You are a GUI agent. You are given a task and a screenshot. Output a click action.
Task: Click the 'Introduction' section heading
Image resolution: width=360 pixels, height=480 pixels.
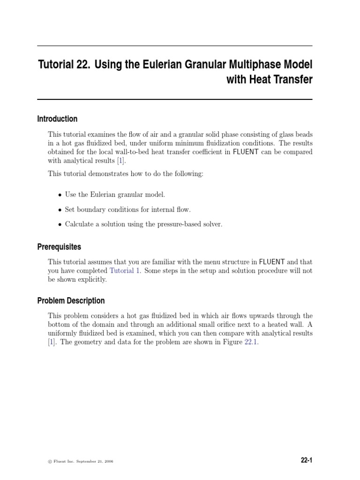[x=57, y=119]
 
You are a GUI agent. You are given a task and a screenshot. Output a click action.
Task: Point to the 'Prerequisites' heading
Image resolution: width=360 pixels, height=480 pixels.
[x=59, y=247]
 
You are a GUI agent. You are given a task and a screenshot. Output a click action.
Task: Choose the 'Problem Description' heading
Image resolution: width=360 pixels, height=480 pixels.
[x=71, y=301]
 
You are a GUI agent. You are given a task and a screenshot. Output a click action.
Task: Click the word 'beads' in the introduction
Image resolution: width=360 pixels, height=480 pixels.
[x=302, y=135]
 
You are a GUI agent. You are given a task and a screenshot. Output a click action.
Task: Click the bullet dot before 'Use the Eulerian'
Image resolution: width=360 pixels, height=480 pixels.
[x=60, y=195]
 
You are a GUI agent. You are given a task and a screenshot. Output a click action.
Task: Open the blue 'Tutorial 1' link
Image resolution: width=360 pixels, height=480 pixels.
[x=124, y=271]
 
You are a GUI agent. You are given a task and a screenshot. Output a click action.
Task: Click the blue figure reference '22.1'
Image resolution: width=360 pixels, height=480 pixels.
[x=251, y=342]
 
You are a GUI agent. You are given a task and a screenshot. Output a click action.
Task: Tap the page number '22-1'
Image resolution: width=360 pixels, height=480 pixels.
[x=307, y=461]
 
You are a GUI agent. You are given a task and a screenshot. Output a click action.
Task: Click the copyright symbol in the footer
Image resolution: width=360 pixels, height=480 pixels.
[x=50, y=462]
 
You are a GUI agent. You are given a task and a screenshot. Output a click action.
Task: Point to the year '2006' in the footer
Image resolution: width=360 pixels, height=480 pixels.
[x=108, y=462]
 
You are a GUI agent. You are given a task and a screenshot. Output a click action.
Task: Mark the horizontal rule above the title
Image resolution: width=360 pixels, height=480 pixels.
[x=174, y=46]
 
